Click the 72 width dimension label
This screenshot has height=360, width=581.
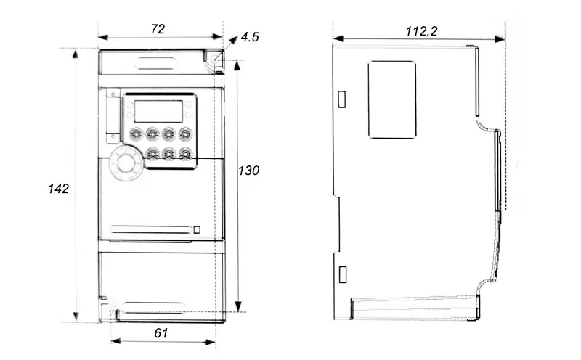tap(158, 29)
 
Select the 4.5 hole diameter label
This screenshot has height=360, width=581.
tap(250, 37)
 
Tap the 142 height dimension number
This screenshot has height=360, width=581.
tap(59, 189)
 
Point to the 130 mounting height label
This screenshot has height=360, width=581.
tap(248, 171)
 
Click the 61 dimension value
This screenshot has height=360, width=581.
tap(161, 333)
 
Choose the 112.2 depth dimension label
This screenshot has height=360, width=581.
tap(421, 31)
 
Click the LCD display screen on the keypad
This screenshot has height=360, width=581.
tap(158, 111)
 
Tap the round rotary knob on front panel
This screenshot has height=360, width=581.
tap(124, 163)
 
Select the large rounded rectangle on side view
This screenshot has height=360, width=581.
tap(392, 99)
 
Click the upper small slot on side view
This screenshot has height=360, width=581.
tap(342, 99)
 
